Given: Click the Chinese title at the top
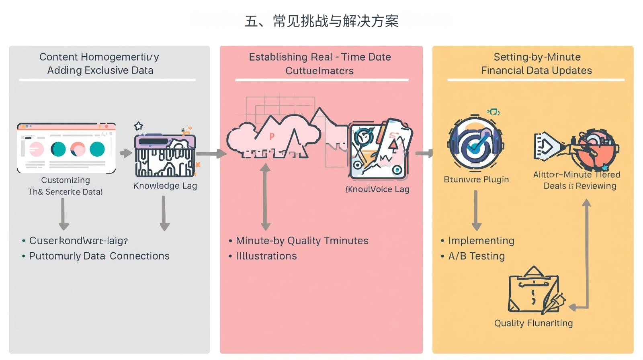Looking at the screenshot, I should (x=321, y=21).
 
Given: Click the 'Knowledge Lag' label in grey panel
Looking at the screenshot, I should (x=165, y=186).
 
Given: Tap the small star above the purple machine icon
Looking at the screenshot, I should (x=139, y=126).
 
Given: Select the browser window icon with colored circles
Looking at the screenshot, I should (x=66, y=148).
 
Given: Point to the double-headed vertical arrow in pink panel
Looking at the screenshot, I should (x=265, y=197).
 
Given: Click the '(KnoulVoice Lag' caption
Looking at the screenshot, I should (x=377, y=189).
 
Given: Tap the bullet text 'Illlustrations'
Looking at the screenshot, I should (x=266, y=256).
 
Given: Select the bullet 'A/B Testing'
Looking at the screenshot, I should (x=476, y=256).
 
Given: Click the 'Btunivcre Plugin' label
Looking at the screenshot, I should (x=476, y=179).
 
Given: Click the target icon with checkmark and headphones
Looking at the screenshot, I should (x=476, y=143).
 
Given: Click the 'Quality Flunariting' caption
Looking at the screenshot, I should (x=533, y=323).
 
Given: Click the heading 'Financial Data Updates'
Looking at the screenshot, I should (x=537, y=71).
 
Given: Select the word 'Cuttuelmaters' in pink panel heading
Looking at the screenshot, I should (x=319, y=71).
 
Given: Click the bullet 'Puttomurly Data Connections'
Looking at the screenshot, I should (x=99, y=256).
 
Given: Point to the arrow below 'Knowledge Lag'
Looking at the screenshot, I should (x=164, y=213).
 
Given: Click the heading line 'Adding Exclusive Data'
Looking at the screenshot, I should (x=100, y=70).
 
